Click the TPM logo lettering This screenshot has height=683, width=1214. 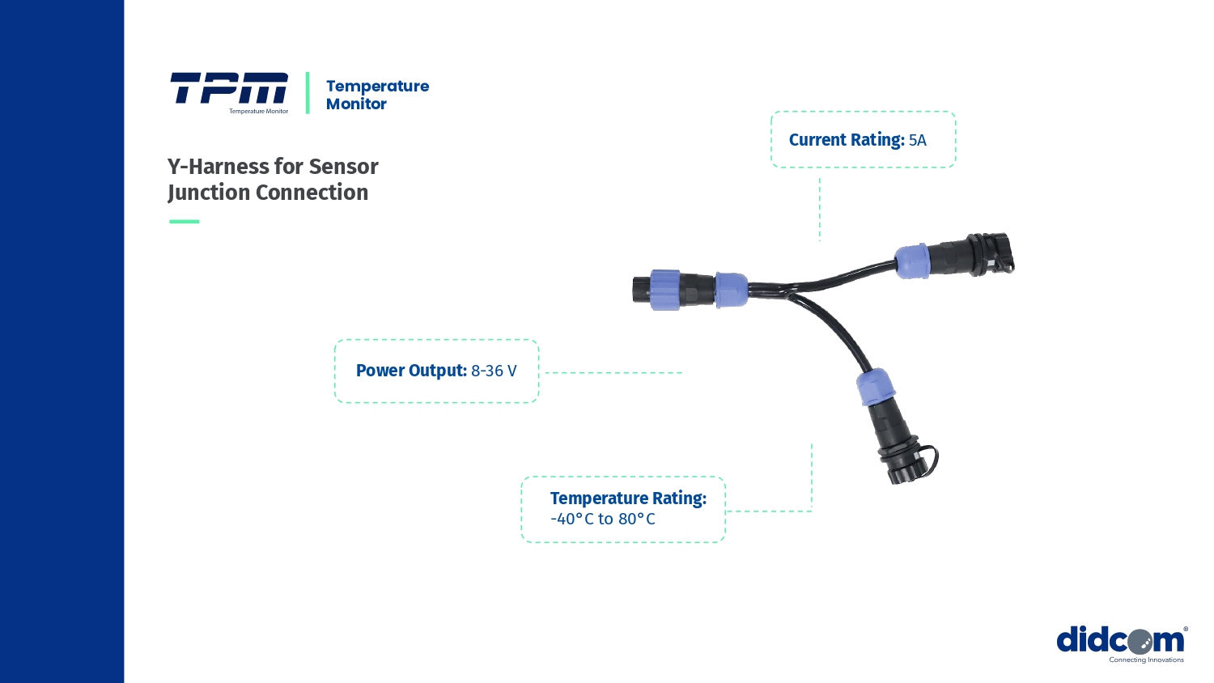(x=228, y=88)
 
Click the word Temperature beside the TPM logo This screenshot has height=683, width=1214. (x=377, y=86)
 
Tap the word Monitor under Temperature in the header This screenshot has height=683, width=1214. (x=356, y=104)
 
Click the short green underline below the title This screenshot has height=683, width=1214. (x=184, y=221)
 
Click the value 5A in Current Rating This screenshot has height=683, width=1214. (x=918, y=140)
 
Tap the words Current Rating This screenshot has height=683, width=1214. (x=847, y=140)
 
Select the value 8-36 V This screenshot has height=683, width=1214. (x=494, y=371)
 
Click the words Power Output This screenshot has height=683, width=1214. (x=411, y=371)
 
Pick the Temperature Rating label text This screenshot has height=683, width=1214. (x=628, y=498)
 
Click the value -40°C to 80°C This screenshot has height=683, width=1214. (x=602, y=519)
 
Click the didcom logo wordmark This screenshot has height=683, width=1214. (x=1120, y=640)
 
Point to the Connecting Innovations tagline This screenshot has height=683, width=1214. (x=1146, y=660)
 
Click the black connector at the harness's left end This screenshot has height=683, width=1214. (x=643, y=290)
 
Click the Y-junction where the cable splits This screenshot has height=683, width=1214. (x=789, y=291)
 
